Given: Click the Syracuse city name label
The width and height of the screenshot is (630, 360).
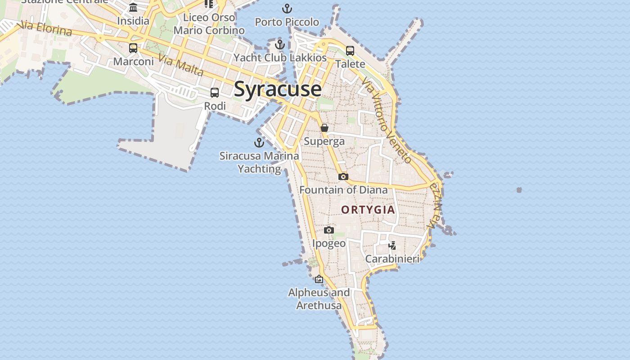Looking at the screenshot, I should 278,89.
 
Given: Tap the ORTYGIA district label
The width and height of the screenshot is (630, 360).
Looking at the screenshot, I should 368,210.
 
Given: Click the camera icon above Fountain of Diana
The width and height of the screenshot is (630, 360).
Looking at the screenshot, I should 343,177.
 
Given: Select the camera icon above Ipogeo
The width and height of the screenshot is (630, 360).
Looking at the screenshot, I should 329,230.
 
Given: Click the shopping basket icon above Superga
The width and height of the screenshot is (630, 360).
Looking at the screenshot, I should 324,128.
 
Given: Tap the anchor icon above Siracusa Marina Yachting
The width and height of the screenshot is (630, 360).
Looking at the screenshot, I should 259,143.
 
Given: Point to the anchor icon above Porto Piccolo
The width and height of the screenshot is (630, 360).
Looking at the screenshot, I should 287,9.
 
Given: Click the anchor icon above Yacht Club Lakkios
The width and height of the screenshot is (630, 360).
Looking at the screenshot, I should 280,45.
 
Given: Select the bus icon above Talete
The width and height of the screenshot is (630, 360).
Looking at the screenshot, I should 350,51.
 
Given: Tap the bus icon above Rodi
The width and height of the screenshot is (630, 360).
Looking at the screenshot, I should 215,93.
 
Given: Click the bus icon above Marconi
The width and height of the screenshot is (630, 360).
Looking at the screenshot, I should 133,48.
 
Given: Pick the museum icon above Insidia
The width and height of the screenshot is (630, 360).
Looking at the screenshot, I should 133,8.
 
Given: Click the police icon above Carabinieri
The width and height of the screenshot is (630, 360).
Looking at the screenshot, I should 392,246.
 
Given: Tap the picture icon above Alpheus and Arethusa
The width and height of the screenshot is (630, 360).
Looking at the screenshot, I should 319,279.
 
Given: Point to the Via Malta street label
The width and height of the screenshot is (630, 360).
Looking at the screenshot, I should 181,65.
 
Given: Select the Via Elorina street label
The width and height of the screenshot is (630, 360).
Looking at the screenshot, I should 46,28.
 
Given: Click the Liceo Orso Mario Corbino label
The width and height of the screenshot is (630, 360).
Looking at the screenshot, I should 209,24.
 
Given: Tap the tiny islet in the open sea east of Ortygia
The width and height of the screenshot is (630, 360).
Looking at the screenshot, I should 519,190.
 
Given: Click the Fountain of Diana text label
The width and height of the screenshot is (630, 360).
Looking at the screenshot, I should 343,190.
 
